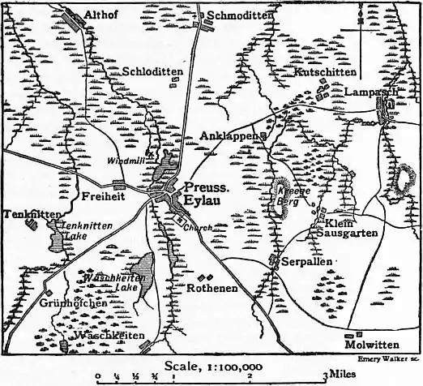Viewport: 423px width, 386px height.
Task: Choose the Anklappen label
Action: click(229, 135)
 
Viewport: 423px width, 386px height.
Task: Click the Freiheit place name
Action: click(102, 197)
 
